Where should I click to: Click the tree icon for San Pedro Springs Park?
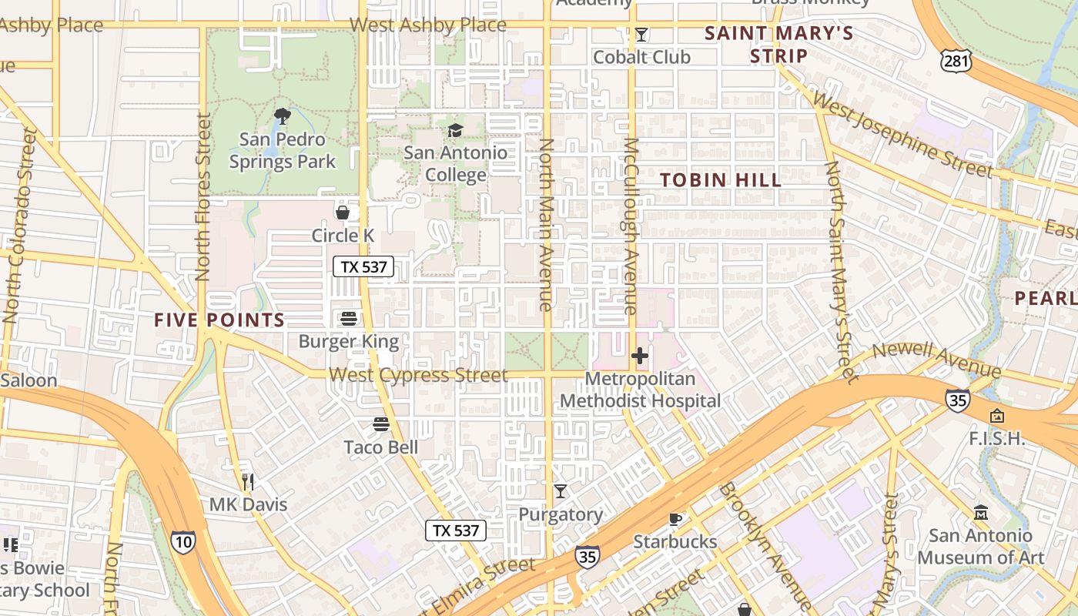(x=283, y=117)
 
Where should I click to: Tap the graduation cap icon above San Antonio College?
(x=456, y=130)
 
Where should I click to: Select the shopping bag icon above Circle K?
(x=343, y=213)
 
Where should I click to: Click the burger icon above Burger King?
(x=349, y=319)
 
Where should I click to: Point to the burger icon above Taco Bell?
(x=381, y=424)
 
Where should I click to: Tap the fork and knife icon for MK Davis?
(x=248, y=482)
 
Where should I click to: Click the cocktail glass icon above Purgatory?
(x=561, y=491)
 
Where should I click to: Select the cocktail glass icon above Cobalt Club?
(x=641, y=35)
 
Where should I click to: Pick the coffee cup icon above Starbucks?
(x=675, y=519)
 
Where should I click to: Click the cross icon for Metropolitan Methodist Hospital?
(x=640, y=356)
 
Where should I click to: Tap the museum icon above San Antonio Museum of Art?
(x=980, y=513)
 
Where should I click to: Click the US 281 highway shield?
(x=955, y=61)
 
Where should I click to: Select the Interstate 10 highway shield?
(x=182, y=541)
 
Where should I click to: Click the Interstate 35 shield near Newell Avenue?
(x=957, y=400)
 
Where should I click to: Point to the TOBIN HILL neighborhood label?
(x=721, y=180)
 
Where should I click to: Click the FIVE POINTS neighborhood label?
(x=219, y=320)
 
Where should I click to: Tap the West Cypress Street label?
(x=418, y=375)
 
